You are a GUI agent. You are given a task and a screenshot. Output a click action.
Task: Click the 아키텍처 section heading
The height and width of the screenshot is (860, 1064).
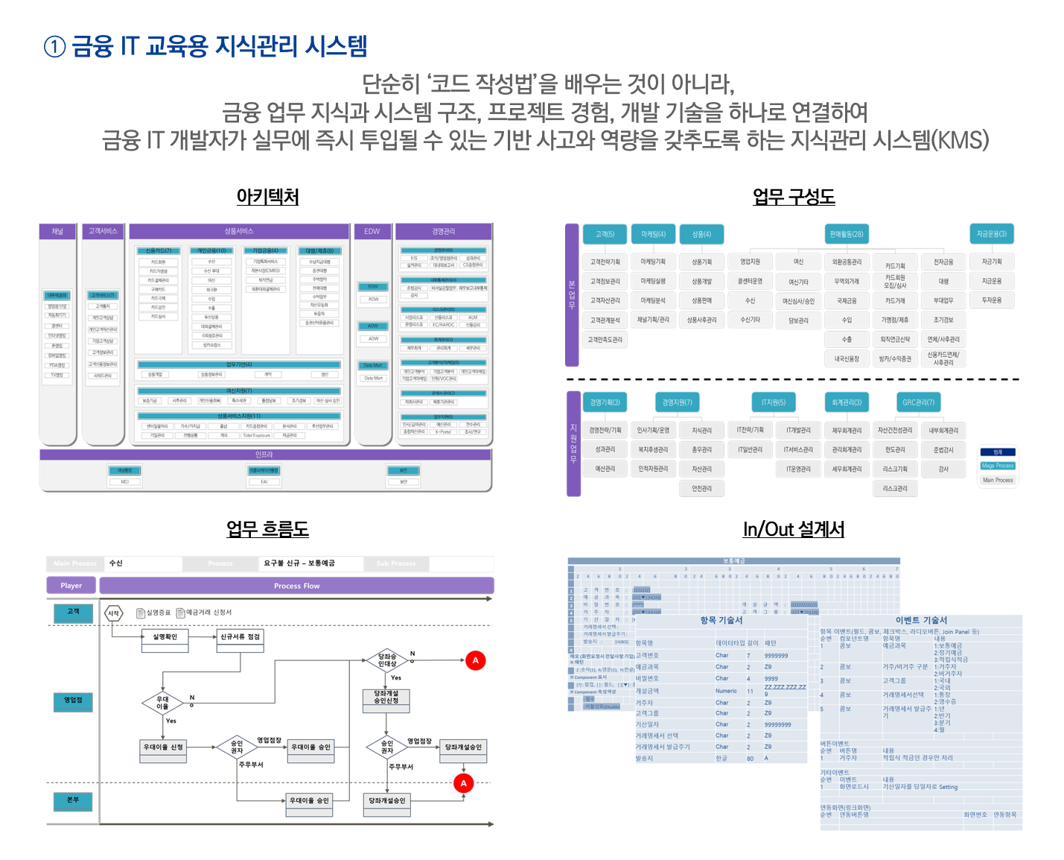(x=267, y=197)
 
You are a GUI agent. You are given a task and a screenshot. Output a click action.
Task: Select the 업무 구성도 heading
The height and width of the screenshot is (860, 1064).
(x=793, y=197)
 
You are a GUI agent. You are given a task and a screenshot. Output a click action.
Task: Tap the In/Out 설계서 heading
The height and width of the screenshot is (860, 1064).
(x=793, y=529)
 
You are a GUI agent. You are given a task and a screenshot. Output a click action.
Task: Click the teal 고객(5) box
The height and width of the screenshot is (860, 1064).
(x=605, y=234)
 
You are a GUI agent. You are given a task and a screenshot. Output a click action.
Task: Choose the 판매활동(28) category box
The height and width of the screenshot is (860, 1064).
(x=847, y=234)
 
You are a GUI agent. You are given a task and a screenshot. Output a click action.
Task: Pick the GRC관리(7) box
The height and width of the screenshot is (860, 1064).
(x=918, y=402)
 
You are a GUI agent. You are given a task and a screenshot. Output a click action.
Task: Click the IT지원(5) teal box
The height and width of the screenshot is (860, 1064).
(x=773, y=402)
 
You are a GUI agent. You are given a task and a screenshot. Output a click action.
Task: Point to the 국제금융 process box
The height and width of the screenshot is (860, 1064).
(x=847, y=301)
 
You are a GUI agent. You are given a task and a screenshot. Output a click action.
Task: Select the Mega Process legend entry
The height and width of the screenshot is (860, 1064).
(x=998, y=466)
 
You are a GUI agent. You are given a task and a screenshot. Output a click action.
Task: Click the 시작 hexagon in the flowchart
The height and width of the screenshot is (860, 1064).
(x=113, y=613)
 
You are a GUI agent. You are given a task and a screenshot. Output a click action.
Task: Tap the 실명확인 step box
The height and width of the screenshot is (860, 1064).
(x=165, y=637)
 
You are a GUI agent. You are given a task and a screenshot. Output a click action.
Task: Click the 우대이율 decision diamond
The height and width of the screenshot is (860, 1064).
(x=162, y=703)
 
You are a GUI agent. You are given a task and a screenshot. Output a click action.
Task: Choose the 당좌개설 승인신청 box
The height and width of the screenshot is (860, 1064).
(x=386, y=697)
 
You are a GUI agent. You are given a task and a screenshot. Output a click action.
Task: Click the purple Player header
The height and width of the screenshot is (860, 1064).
(x=71, y=586)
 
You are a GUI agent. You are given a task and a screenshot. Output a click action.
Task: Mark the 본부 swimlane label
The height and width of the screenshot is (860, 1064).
(x=73, y=800)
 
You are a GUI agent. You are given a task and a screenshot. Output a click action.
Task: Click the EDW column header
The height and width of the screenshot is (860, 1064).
(x=372, y=232)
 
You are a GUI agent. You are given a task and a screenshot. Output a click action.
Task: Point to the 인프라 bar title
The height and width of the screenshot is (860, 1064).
(x=264, y=454)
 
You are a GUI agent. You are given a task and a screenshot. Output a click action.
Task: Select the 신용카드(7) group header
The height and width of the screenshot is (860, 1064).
(x=158, y=250)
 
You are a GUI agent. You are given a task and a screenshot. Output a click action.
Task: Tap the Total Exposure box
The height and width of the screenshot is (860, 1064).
(x=256, y=435)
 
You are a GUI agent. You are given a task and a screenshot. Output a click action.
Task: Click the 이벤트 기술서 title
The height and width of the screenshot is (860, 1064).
(x=921, y=620)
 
